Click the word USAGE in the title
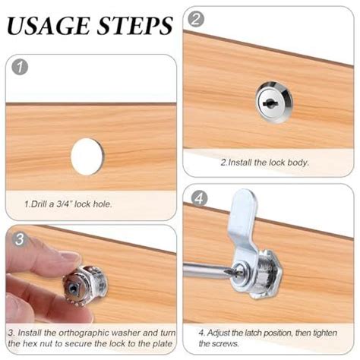pyautogui.click(x=49, y=26)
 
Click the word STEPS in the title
pyautogui.click(x=135, y=26)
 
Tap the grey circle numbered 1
pyautogui.click(x=20, y=67)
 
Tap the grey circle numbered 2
pyautogui.click(x=196, y=19)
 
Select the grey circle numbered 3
pyautogui.click(x=20, y=239)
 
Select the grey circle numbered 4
pyautogui.click(x=199, y=198)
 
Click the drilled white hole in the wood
pyautogui.click(x=87, y=156)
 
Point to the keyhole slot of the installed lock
pyautogui.click(x=270, y=103)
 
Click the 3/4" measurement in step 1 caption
pyautogui.click(x=64, y=204)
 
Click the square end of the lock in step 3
pyautogui.click(x=74, y=287)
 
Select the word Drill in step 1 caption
pyautogui.click(x=40, y=204)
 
